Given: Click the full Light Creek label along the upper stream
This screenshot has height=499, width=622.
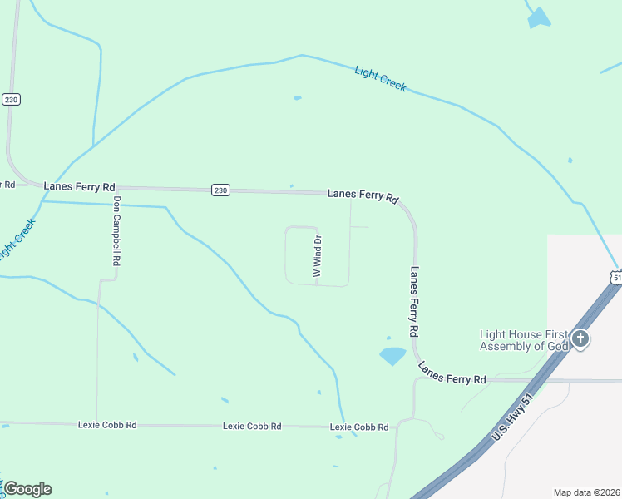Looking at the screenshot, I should pos(380,78).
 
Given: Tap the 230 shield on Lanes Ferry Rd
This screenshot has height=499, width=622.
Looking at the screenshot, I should pos(219,190).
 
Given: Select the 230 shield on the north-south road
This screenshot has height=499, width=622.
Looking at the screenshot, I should pos(11,99).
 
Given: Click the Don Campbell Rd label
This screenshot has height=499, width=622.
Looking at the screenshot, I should pos(117,230).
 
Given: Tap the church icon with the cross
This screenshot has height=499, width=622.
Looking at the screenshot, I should pos(580,338).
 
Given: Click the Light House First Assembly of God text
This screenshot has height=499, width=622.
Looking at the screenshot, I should pos(524,340).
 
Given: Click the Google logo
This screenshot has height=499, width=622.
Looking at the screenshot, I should pos(27,489).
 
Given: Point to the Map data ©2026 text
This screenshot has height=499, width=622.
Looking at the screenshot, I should pos(586,492).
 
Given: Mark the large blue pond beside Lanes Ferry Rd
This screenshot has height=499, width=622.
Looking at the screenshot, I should pos(392,356).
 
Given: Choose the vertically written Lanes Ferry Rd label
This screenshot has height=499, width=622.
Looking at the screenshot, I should pos(413,301).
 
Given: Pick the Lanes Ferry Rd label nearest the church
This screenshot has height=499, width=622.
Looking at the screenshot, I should pos(452,373).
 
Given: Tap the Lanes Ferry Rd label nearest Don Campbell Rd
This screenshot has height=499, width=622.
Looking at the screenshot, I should pos(79,187).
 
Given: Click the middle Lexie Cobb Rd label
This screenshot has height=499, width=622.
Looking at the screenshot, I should pos(252,426).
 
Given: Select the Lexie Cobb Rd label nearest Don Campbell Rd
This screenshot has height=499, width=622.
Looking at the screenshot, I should pos(107,425).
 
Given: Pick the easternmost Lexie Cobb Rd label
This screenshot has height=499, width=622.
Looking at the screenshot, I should pos(359,427).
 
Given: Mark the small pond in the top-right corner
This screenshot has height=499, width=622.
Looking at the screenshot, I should pos(540,18).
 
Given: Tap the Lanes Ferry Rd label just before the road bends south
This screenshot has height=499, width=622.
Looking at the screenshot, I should pos(363,195).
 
